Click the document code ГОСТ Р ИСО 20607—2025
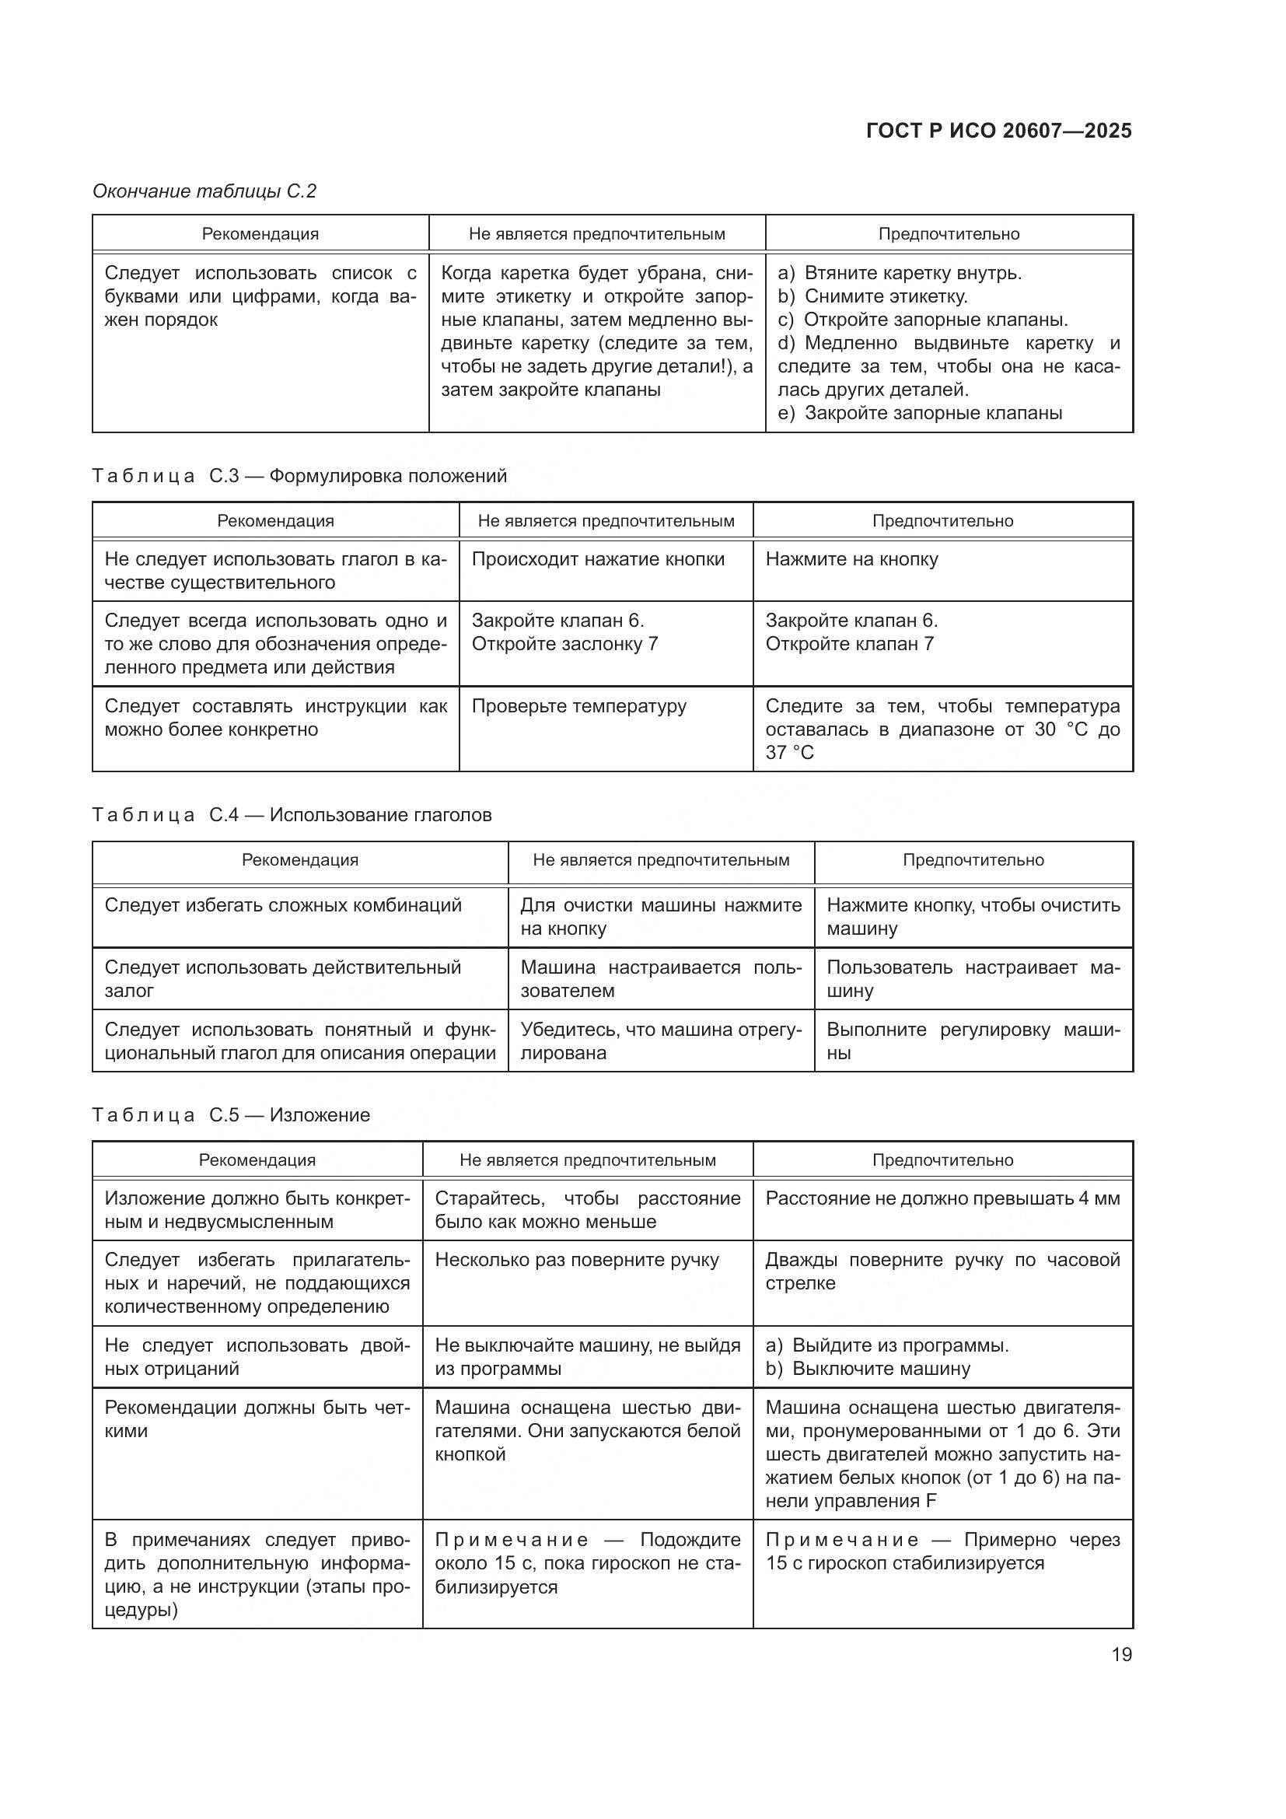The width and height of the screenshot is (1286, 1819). (x=998, y=131)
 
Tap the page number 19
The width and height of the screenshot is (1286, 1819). (x=1121, y=1654)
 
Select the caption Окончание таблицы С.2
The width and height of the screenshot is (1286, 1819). (x=204, y=191)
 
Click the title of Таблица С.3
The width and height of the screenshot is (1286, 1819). (x=299, y=476)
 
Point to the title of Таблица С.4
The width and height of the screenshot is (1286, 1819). (x=292, y=815)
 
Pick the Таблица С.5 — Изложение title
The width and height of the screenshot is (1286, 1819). (x=230, y=1115)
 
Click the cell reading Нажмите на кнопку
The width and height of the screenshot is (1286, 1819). (x=851, y=559)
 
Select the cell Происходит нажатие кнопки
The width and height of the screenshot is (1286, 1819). (x=598, y=559)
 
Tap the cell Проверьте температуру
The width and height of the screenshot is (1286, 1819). (x=579, y=706)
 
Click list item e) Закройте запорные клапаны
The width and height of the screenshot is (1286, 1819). (x=919, y=413)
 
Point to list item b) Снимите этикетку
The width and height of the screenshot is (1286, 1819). (x=872, y=296)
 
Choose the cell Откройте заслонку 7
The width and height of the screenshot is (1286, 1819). (x=564, y=644)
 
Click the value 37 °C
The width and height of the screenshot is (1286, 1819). (x=789, y=753)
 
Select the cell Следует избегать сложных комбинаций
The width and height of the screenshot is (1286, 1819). (x=283, y=905)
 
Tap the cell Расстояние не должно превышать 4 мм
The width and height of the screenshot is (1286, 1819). (x=942, y=1198)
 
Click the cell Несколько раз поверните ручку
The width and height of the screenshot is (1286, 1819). (x=576, y=1261)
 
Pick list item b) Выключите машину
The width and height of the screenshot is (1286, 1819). (x=868, y=1369)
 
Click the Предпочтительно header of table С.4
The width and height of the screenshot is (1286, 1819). (x=973, y=860)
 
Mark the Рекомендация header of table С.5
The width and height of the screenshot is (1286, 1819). (x=257, y=1160)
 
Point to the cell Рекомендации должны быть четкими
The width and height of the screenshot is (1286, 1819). (x=257, y=1420)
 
